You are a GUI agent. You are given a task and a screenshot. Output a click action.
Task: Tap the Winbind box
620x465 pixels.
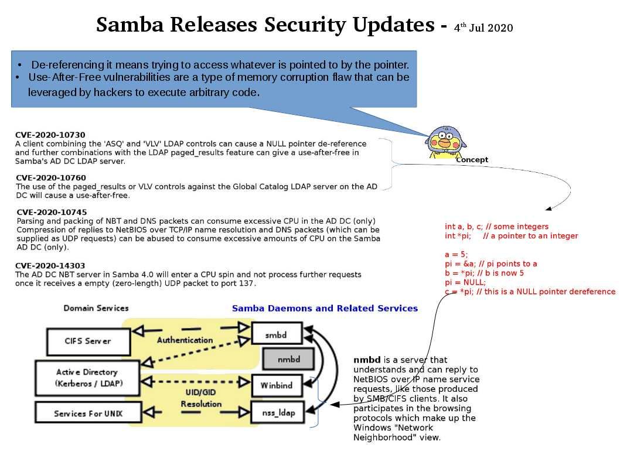point(277,385)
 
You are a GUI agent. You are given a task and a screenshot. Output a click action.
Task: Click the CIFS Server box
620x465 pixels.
point(87,340)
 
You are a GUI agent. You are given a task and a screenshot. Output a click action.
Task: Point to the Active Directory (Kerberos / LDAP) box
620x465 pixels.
point(87,378)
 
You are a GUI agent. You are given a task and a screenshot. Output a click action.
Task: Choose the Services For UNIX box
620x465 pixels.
point(87,413)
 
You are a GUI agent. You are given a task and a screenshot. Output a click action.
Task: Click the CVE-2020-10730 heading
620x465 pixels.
point(50,135)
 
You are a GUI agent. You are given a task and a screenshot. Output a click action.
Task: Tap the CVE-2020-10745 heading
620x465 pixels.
point(52,212)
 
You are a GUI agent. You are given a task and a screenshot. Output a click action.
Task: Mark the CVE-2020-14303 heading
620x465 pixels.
point(50,265)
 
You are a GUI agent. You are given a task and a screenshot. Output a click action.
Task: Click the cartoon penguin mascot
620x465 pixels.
point(445,142)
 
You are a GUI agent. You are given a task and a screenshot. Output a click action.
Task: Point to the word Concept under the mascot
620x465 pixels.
point(472,160)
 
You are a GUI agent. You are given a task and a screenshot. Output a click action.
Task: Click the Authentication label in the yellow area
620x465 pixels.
point(185,340)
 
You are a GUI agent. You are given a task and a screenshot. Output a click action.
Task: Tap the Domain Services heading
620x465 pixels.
point(96,308)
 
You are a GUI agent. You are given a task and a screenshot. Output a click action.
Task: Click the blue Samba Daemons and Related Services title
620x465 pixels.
point(325,308)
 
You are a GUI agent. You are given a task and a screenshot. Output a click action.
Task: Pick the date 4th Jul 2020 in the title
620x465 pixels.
point(483,28)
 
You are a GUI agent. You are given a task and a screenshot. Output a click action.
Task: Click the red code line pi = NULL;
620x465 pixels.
point(465,282)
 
